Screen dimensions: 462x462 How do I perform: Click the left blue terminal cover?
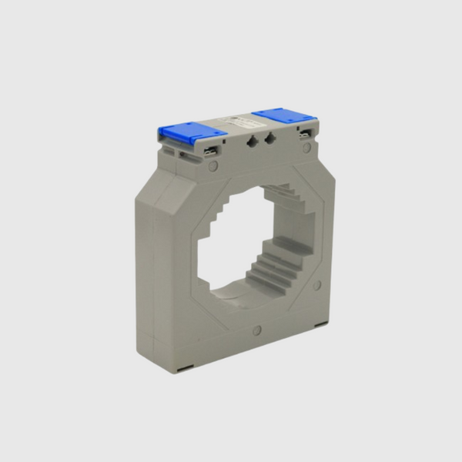coord(192,132)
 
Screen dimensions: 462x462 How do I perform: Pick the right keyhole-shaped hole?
coord(269,139)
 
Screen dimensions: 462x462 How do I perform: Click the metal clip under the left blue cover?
coord(210,151)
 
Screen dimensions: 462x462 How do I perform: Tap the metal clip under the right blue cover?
coord(306,134)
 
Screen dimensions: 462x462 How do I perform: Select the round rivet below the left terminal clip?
coord(213,166)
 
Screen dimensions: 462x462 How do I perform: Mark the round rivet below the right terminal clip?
coord(306,147)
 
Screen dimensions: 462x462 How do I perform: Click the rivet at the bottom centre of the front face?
coord(256,330)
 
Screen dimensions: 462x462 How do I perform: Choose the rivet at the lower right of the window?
coord(316,285)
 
